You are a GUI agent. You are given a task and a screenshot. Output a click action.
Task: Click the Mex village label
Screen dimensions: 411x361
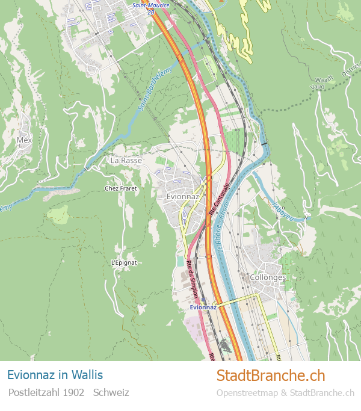[x=24, y=140]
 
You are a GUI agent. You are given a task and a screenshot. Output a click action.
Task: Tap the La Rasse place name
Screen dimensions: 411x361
[x=126, y=161]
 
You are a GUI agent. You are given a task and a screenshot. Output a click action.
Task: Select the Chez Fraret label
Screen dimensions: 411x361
[x=121, y=188]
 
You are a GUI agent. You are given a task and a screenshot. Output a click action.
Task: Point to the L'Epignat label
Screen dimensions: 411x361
[x=124, y=262]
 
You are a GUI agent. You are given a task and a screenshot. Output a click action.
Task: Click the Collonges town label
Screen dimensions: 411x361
[x=267, y=277]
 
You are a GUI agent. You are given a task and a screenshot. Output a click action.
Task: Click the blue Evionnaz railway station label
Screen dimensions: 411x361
[x=203, y=307]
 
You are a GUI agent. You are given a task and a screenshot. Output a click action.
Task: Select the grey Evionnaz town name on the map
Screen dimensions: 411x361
[x=182, y=197]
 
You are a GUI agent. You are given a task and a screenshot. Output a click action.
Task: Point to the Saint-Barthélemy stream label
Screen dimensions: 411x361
[x=155, y=88]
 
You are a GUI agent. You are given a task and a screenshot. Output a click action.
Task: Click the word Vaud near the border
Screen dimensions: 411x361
[x=319, y=87]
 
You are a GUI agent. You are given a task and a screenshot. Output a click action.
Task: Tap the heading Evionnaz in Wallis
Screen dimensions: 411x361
[x=55, y=375]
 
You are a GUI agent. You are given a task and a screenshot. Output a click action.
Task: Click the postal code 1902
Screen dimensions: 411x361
[x=73, y=392]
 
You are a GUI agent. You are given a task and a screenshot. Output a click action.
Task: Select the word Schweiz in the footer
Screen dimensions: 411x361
[x=111, y=392]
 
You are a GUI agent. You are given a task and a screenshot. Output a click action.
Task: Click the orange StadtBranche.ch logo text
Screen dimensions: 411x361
[x=270, y=375]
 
